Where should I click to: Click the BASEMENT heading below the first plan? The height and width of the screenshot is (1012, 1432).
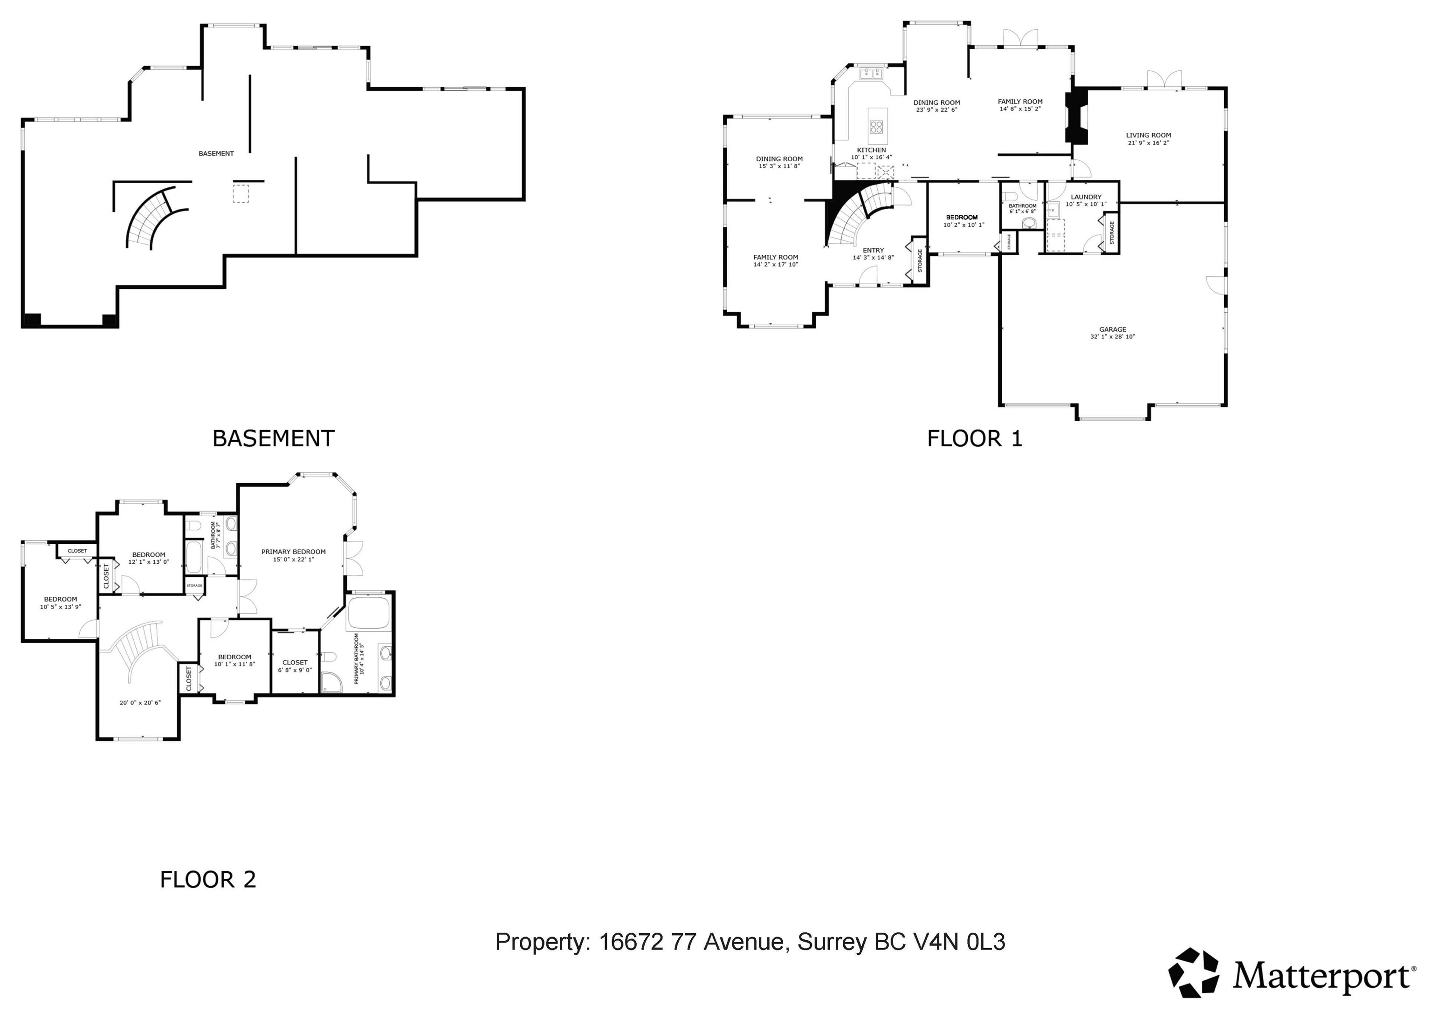click(273, 438)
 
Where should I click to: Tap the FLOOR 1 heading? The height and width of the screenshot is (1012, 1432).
click(975, 438)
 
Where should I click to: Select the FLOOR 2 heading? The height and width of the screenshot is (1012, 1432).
click(208, 879)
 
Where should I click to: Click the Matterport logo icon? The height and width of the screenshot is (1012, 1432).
click(1193, 973)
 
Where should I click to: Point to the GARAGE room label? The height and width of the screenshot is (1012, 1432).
click(1113, 329)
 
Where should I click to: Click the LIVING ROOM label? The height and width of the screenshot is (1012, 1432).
click(1148, 135)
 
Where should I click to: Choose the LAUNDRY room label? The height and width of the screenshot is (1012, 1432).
click(1086, 197)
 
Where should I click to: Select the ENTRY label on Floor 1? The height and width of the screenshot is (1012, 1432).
click(873, 251)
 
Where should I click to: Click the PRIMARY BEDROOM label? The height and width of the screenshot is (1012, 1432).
click(293, 552)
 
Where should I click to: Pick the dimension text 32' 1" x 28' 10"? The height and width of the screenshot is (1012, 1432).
click(1113, 337)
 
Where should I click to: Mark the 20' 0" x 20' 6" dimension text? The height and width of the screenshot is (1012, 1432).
click(140, 703)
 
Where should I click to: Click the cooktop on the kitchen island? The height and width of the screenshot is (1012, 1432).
click(877, 127)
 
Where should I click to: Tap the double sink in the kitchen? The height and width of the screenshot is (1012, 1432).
click(871, 74)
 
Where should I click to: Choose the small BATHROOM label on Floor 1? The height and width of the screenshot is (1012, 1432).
click(1022, 206)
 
